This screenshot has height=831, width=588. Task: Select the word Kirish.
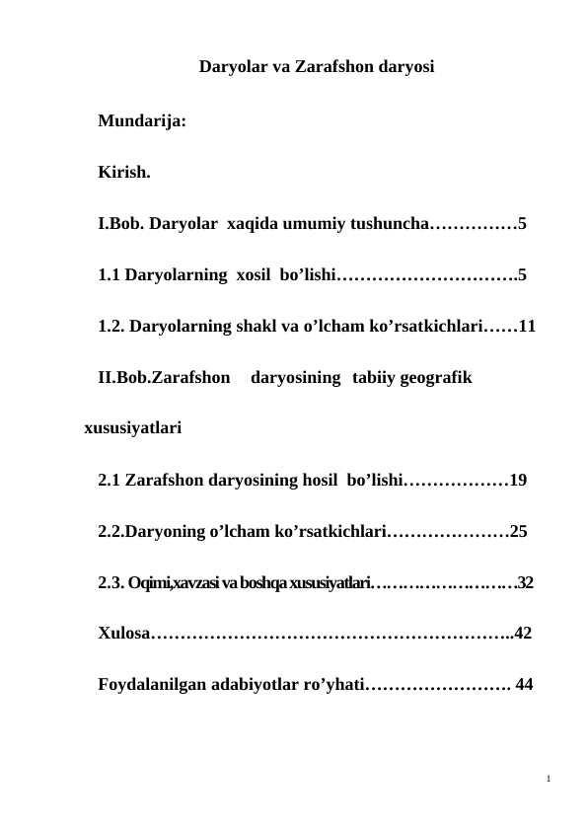coord(124,174)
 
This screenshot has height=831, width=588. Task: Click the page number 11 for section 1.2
coord(527,325)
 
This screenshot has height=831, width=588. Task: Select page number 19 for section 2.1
coord(519,481)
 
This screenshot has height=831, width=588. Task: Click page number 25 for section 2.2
coord(519,532)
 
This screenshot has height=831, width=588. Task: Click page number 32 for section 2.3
coord(525,583)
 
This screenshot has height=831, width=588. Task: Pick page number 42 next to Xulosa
coord(523,634)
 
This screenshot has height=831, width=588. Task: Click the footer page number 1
coord(548,781)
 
